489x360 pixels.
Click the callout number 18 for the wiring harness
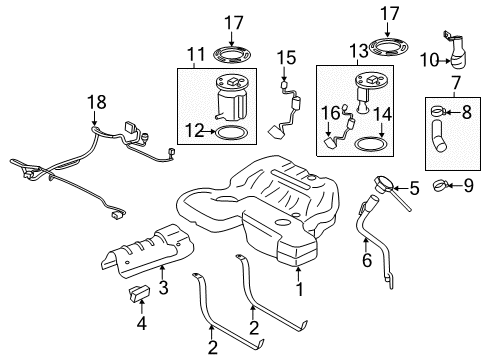[95, 102]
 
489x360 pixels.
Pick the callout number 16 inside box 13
[327, 115]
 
